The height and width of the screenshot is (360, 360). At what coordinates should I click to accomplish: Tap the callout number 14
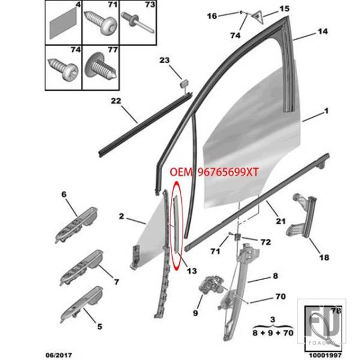tap(323, 31)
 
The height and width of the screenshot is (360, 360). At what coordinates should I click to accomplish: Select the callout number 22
tap(116, 100)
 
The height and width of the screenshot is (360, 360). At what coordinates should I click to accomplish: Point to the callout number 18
tap(323, 258)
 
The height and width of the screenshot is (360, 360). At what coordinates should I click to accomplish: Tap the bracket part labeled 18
tap(303, 222)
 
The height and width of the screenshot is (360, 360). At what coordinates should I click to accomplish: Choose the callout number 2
tap(121, 215)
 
